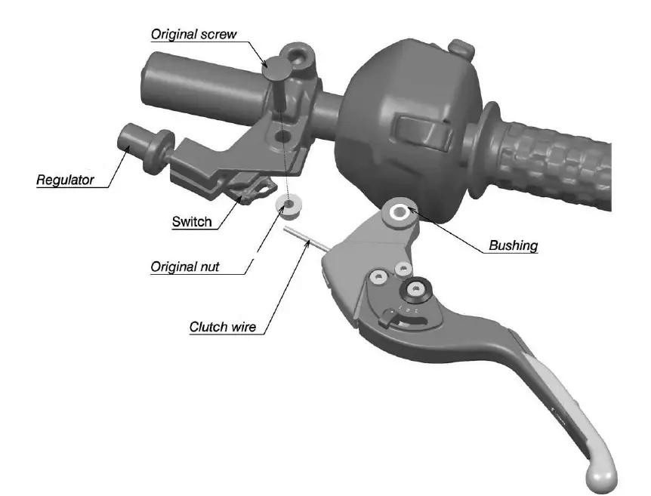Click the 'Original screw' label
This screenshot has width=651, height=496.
(193, 35)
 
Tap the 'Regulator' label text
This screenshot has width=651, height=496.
(66, 180)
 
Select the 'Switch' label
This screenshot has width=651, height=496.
(192, 222)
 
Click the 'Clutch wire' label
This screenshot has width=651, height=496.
(222, 327)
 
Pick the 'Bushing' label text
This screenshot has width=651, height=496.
(513, 245)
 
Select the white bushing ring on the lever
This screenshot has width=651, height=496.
(398, 211)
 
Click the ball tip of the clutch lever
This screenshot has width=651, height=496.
(602, 473)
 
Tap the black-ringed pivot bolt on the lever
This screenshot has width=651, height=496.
(415, 288)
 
